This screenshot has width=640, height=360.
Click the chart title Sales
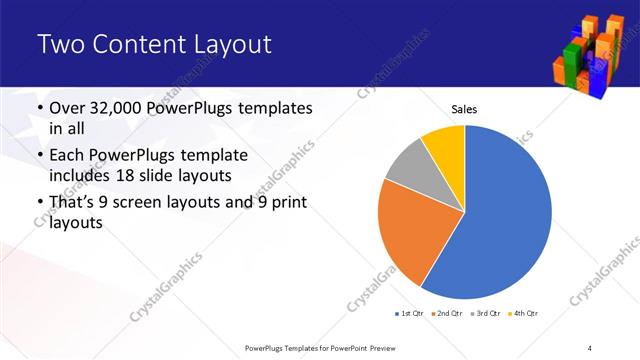464,108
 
